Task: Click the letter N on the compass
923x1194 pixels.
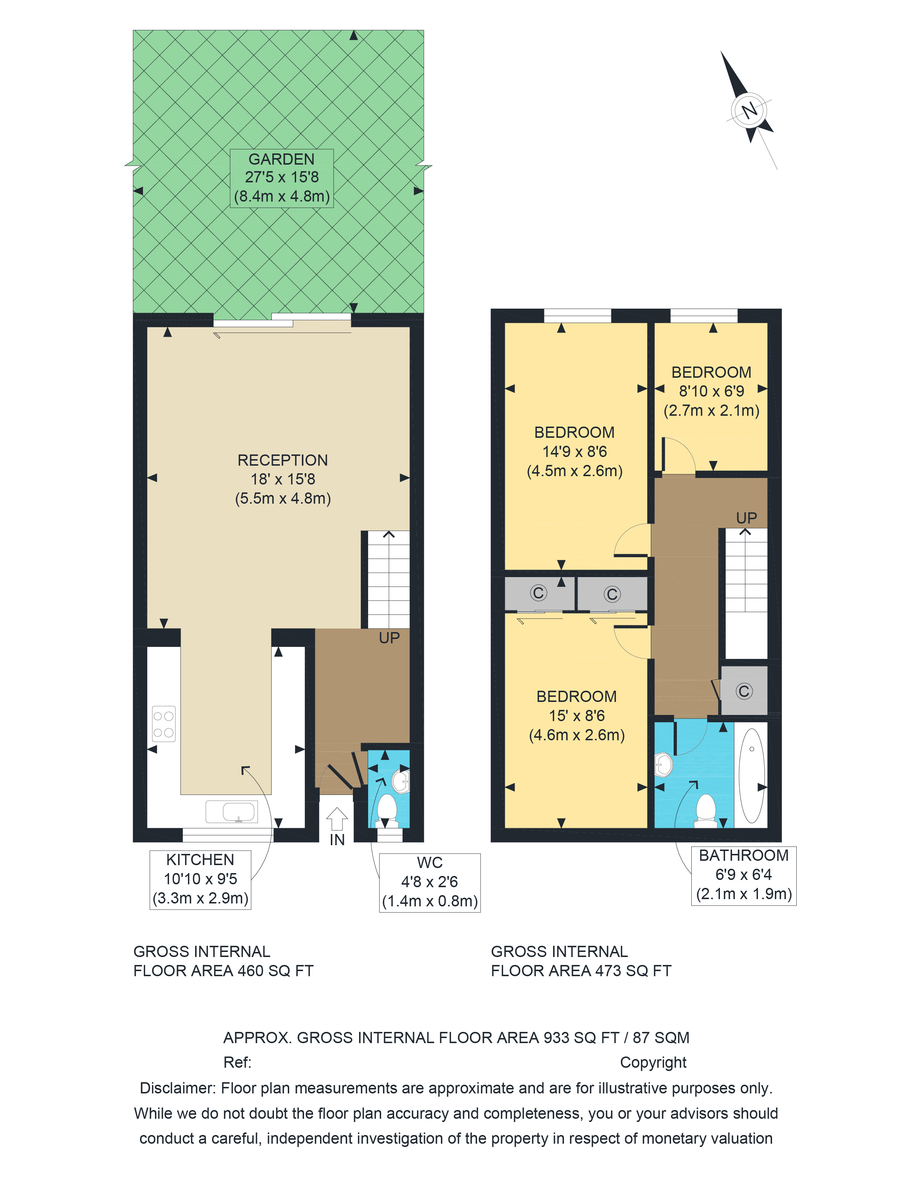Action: coord(749,110)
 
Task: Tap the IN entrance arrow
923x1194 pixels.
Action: coord(337,819)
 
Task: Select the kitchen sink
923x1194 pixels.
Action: coord(231,812)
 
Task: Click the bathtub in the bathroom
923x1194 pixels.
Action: coord(751,775)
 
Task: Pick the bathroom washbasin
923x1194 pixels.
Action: coord(663,764)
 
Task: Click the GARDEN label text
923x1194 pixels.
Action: coord(282,159)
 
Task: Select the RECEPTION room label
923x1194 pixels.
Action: coord(283,460)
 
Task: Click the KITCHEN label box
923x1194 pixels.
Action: coord(200,880)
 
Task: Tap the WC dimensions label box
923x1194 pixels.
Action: coord(430,882)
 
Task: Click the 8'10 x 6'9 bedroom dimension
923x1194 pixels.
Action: coord(711,391)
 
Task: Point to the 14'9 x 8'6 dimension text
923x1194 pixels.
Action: coord(575,452)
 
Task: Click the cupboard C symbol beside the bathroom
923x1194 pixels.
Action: coord(744,691)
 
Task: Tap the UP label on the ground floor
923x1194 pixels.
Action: coord(389,638)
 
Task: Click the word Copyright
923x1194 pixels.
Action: coord(653,1063)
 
